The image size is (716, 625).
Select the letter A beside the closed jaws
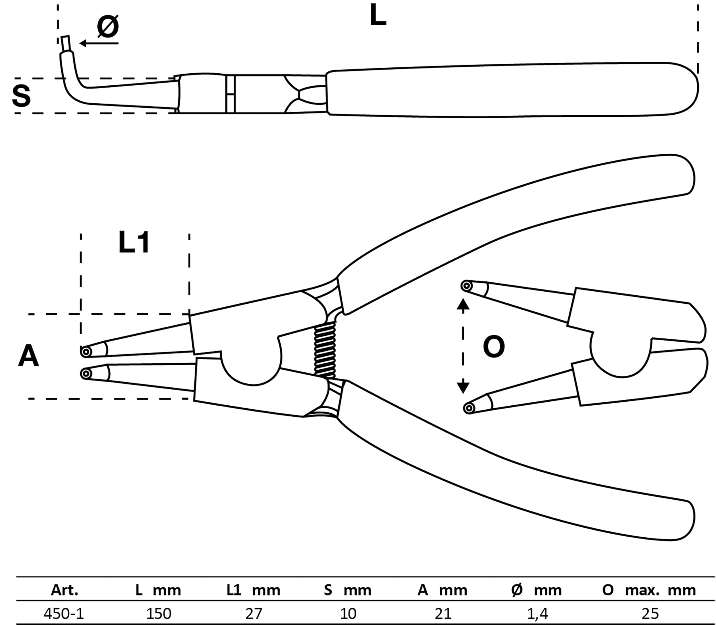click(x=28, y=356)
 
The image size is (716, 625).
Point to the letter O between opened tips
click(x=494, y=347)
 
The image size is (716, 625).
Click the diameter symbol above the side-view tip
click(x=108, y=27)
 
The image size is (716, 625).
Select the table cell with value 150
click(x=159, y=613)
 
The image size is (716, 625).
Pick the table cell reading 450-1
click(x=63, y=613)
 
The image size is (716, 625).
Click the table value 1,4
click(x=537, y=613)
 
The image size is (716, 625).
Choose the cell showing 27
click(x=253, y=613)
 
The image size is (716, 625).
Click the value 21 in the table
click(x=443, y=613)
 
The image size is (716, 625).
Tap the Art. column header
click(x=65, y=590)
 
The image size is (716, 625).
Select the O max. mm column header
click(x=648, y=590)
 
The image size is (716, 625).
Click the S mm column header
click(x=348, y=590)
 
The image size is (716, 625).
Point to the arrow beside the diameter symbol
click(x=99, y=43)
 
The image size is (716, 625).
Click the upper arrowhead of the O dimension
click(x=463, y=305)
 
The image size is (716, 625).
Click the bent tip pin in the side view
click(x=65, y=43)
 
